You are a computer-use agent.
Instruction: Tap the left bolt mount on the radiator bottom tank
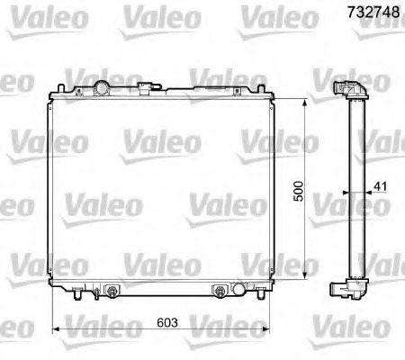pyautogui.click(x=112, y=291)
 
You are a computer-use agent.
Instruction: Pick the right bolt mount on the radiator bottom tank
pyautogui.click(x=218, y=291)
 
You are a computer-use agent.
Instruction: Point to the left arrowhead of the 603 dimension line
pyautogui.click(x=57, y=325)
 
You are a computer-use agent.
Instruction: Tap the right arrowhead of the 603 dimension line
pyautogui.click(x=268, y=325)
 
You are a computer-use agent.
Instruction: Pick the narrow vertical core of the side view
pyautogui.click(x=352, y=189)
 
